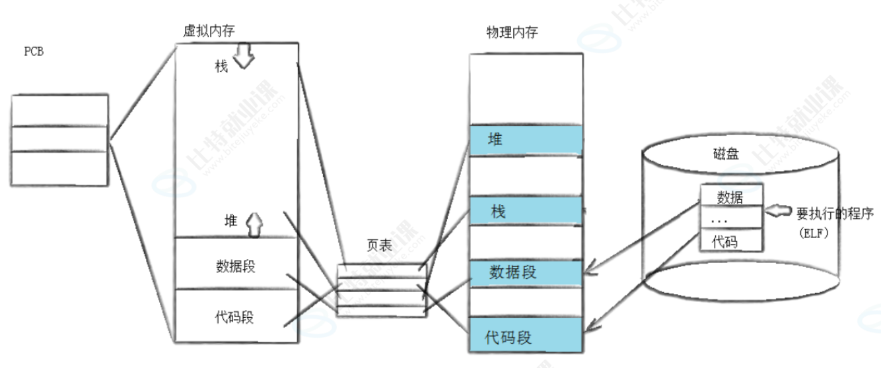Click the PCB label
point(34,52)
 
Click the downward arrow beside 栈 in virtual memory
point(244,57)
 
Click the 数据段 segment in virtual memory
point(235,266)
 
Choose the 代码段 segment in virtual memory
point(234,317)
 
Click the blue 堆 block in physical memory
point(526,140)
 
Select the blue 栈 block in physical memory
point(526,212)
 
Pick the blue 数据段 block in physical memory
point(526,272)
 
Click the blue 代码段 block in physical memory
point(526,338)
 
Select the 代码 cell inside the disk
point(731,242)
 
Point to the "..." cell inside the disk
point(731,218)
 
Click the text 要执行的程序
point(835,214)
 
